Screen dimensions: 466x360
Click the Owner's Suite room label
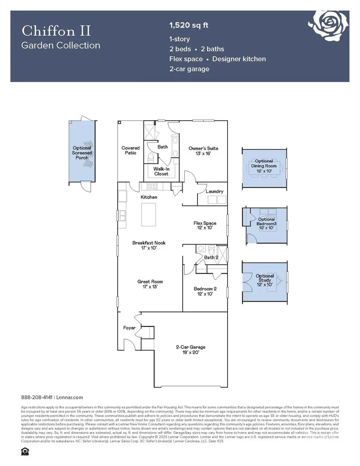coord(203,150)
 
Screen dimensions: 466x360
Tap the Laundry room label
coord(214,192)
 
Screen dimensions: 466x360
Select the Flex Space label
coord(205,226)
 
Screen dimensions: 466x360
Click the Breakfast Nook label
coord(149,245)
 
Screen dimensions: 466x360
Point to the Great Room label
coord(150,284)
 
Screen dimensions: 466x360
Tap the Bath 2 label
coord(211,257)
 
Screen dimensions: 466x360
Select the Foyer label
coord(129,328)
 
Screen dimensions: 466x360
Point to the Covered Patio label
coord(130,150)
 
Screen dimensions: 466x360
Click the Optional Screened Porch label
coord(82,153)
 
